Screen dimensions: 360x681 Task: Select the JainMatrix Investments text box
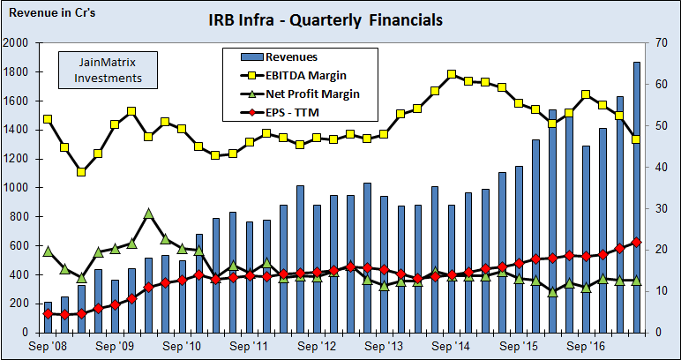[x=106, y=70]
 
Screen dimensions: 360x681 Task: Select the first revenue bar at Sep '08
[x=48, y=317]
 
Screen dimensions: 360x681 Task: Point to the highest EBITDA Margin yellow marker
[x=452, y=74]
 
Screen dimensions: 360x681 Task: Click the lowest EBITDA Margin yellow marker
[x=81, y=172]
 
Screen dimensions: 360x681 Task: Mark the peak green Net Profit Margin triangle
[x=148, y=214]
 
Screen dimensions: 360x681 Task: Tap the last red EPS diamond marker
[x=637, y=242]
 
